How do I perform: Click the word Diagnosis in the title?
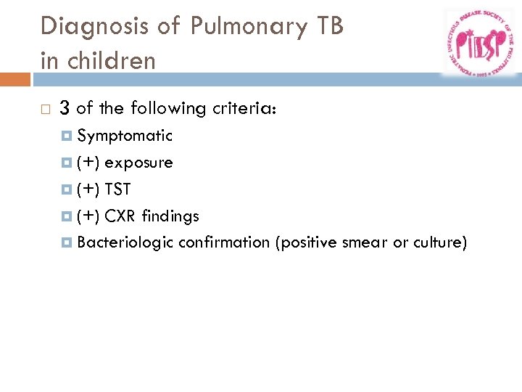(x=86, y=26)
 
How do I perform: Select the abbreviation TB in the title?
(x=327, y=26)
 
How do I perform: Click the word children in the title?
(x=109, y=60)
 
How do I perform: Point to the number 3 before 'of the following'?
(x=65, y=109)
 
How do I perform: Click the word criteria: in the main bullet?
(x=246, y=109)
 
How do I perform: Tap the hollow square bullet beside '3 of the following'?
(x=45, y=110)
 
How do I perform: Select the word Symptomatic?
(x=125, y=136)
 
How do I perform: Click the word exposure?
(x=138, y=163)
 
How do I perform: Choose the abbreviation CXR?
(x=121, y=216)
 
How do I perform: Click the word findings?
(x=170, y=216)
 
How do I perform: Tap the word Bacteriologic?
(x=125, y=242)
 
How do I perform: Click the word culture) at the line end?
(x=440, y=242)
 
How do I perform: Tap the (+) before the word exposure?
(x=88, y=163)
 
